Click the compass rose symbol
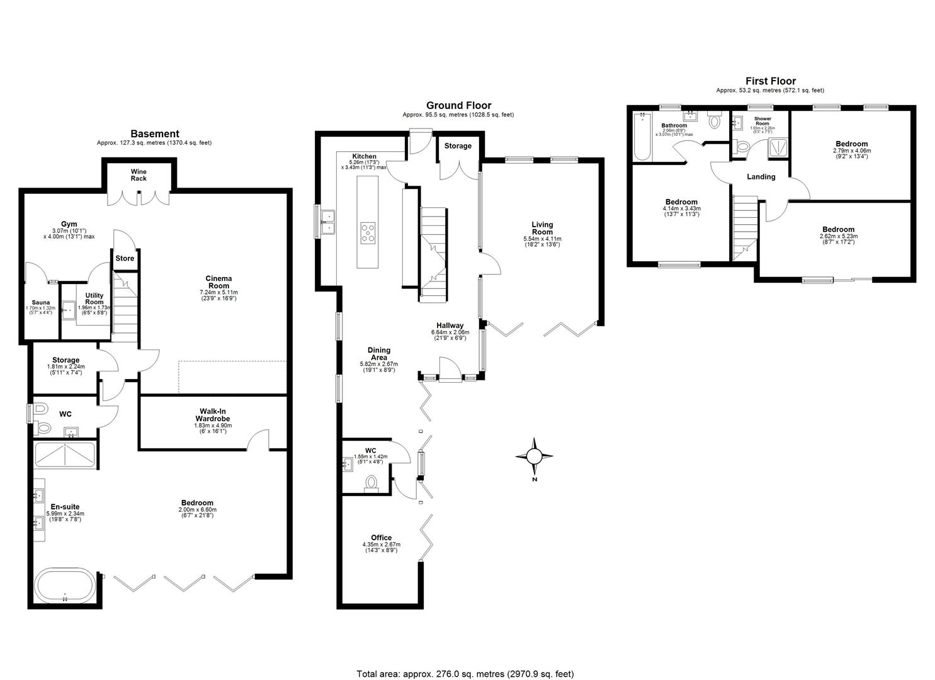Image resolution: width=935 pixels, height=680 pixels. click(x=534, y=456)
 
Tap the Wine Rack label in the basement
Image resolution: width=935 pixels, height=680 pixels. click(x=139, y=174)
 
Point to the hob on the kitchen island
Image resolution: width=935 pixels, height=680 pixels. click(x=368, y=232)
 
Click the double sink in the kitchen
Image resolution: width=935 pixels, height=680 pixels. click(x=328, y=222)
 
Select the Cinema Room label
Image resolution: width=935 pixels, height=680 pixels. click(x=219, y=282)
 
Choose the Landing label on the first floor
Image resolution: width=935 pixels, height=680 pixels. click(x=761, y=177)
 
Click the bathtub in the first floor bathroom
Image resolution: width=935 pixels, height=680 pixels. click(x=642, y=136)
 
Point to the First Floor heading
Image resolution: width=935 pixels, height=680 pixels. click(x=770, y=81)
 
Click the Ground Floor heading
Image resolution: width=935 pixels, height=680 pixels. click(x=458, y=106)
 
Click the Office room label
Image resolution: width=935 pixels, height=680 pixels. click(x=381, y=538)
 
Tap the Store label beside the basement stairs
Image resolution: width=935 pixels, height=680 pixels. click(x=125, y=258)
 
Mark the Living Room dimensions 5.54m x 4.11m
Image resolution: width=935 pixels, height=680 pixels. click(x=541, y=239)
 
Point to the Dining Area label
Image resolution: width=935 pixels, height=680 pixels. click(x=379, y=354)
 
